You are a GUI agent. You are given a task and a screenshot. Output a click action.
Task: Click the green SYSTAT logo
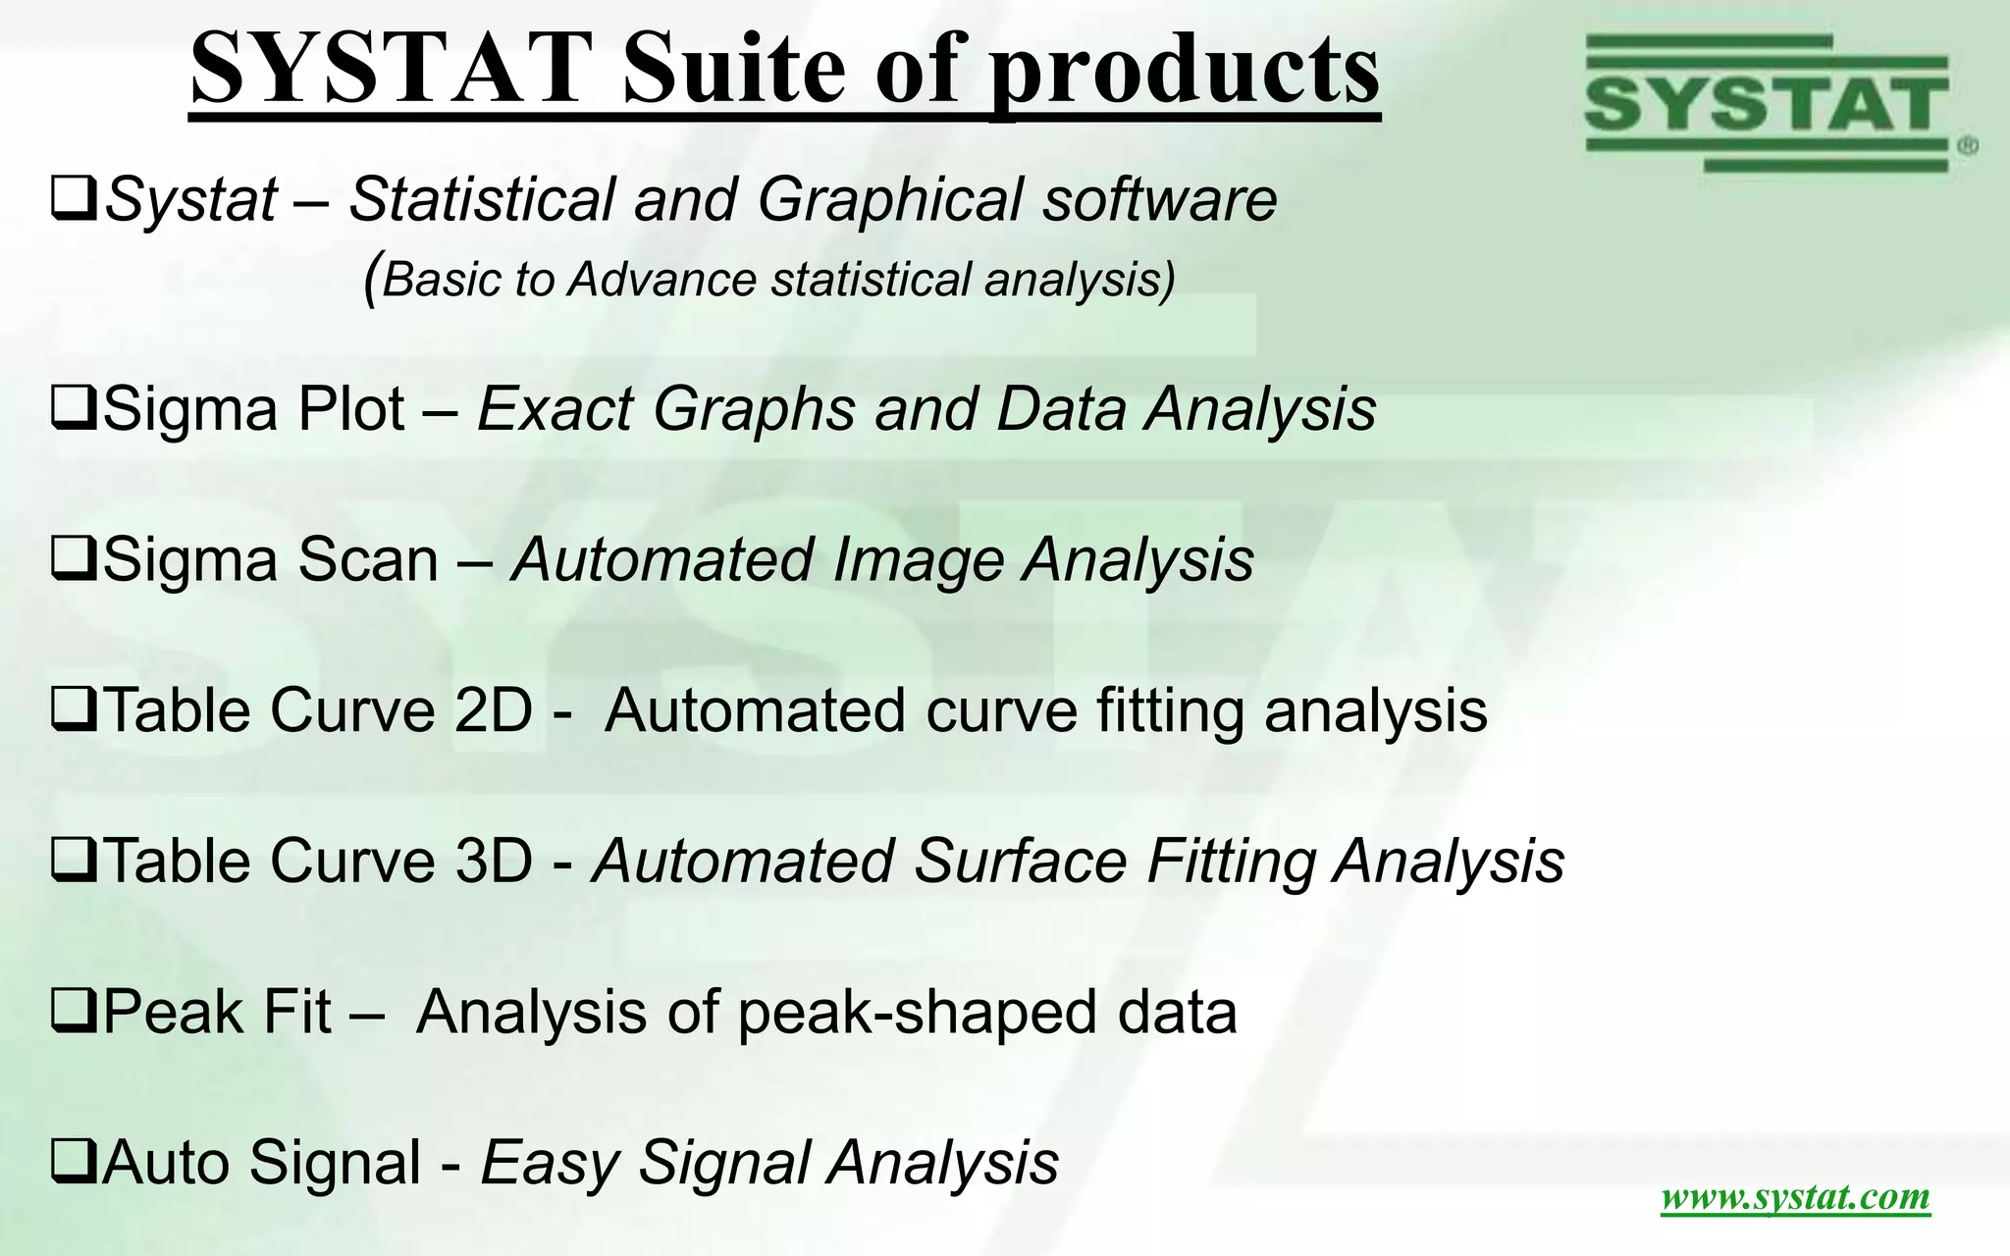pyautogui.click(x=1766, y=103)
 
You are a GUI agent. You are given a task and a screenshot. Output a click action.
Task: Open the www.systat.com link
pyautogui.click(x=1795, y=1197)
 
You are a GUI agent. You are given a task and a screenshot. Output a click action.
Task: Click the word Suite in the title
pyautogui.click(x=733, y=69)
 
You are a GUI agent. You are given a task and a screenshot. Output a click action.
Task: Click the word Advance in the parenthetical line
pyautogui.click(x=662, y=280)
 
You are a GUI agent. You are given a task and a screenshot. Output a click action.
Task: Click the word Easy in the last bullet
pyautogui.click(x=549, y=1164)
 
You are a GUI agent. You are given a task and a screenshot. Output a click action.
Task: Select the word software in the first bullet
pyautogui.click(x=1159, y=200)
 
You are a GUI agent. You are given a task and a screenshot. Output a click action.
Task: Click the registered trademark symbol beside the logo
pyautogui.click(x=1967, y=147)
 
